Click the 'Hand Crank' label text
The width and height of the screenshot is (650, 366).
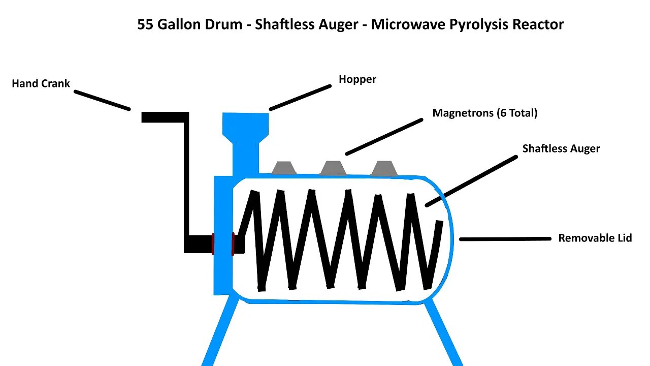click(x=41, y=83)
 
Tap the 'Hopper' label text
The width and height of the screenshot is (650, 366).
click(x=357, y=79)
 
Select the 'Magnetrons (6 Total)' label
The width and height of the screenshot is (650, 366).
click(x=484, y=113)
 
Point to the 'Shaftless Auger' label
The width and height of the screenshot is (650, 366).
click(x=561, y=148)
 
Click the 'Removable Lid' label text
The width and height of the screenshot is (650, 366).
click(x=595, y=238)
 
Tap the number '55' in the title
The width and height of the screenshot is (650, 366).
click(x=145, y=24)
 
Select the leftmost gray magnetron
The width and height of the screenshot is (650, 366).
click(x=284, y=168)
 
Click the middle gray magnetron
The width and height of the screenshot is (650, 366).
click(x=333, y=168)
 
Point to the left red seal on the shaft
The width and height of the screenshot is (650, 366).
click(x=213, y=243)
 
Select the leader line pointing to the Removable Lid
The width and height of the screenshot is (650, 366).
click(x=505, y=238)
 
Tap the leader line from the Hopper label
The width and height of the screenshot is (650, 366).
click(x=300, y=97)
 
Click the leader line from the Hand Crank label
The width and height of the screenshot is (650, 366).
click(x=102, y=100)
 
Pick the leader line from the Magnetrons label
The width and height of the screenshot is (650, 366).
click(x=384, y=137)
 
